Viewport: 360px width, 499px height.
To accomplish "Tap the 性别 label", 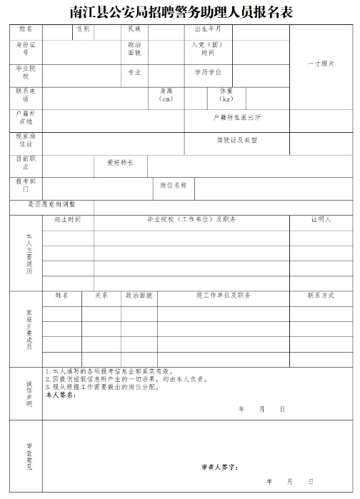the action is coord(83,29).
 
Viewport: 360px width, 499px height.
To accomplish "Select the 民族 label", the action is coord(134,29).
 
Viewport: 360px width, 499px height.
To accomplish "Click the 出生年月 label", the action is coord(208,29).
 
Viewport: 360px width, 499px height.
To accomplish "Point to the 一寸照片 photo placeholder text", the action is coord(321,64).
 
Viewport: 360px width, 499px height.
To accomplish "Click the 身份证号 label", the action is coord(26,49).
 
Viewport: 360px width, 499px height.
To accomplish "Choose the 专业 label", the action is coord(134,72).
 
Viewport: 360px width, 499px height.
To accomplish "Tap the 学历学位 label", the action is coord(208,72).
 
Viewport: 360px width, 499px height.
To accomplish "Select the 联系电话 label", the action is coord(26,95).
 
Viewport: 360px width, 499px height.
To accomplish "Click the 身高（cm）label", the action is coord(166,95).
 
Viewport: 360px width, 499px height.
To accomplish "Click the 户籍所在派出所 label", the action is coord(236,116).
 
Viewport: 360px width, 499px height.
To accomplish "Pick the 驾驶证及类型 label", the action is coord(236,140).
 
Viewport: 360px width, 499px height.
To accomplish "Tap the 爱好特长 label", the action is coord(120,162).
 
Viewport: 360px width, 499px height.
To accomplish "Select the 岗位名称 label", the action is coord(174,185).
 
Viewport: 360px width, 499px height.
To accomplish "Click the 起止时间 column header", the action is coord(68,220).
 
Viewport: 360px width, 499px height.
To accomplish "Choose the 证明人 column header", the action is coord(321,220).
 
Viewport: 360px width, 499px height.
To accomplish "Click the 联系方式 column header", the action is coord(321,295).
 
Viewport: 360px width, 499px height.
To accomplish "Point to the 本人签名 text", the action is coord(60,395).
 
